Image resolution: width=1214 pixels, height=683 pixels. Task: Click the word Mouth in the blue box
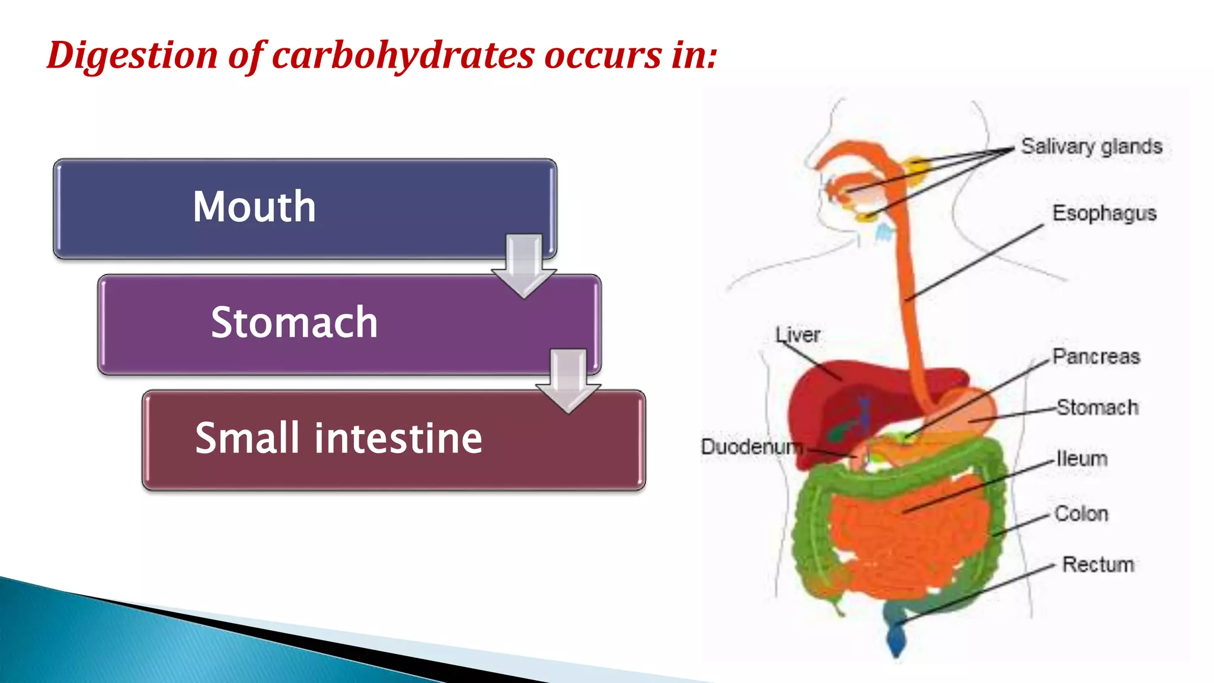coord(254,207)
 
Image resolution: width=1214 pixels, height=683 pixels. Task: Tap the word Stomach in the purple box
coord(294,323)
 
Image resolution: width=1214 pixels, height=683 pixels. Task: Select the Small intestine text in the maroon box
coord(338,438)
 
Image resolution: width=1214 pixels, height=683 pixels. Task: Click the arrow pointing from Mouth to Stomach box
coord(524,266)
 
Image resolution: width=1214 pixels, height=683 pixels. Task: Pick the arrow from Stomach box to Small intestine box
coord(568,381)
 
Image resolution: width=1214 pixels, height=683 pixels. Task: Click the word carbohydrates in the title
coord(403,56)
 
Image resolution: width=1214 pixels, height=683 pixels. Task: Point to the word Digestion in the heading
coord(132,56)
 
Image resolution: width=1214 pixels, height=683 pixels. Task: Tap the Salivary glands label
coord(1091,146)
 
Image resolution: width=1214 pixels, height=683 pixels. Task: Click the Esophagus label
coord(1104,213)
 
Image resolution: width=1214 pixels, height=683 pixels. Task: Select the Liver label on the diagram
coord(798,335)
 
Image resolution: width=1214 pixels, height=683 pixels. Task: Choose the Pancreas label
coord(1096,357)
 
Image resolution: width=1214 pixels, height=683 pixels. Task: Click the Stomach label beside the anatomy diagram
coord(1097,408)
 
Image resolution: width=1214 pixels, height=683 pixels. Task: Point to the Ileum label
coord(1082,459)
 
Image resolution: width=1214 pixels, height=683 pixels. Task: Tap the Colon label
coord(1081,514)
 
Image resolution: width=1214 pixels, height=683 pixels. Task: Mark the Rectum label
coord(1098,564)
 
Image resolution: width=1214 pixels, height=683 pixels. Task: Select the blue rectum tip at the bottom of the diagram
coord(896,637)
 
